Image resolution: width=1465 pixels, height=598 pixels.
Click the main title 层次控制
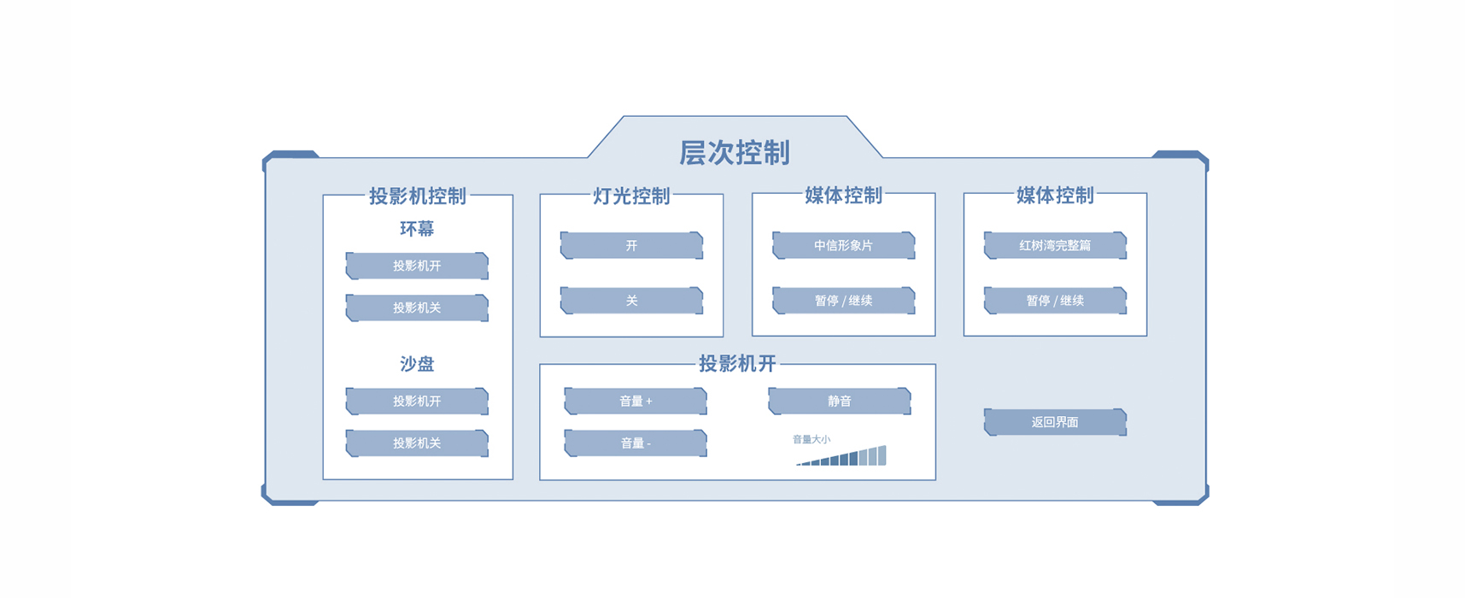[734, 153]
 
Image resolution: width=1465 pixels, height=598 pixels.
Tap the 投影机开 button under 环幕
[417, 266]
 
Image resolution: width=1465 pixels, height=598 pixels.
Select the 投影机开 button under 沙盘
[417, 401]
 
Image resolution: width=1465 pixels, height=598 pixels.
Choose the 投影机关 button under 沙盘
[417, 443]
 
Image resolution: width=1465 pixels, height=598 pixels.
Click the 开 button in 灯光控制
[631, 245]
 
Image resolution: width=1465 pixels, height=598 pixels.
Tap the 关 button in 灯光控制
[631, 301]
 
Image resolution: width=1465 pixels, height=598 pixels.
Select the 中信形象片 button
[843, 245]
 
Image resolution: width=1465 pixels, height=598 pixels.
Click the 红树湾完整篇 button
[1055, 245]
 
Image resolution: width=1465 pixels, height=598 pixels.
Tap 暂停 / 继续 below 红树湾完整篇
[1055, 301]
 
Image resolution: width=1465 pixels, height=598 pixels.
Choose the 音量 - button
[636, 443]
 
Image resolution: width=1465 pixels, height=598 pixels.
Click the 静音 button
[840, 401]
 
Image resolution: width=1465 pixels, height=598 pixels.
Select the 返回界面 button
[1055, 422]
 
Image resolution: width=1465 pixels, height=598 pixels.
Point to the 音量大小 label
[811, 439]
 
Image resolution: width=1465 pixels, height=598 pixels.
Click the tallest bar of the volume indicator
[882, 455]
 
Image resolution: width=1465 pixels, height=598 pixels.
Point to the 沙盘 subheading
[417, 364]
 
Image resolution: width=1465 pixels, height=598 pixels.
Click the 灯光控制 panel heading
[631, 196]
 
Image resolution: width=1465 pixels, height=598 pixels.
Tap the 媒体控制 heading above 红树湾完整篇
[1055, 196]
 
